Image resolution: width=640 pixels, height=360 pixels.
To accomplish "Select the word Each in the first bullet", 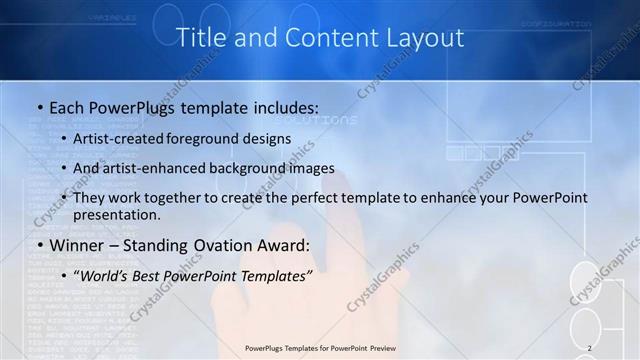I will [69, 106].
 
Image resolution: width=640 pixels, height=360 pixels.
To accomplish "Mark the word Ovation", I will [226, 245].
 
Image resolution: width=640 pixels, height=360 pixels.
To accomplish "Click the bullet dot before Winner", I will [39, 246].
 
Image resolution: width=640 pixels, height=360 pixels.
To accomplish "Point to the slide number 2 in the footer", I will [590, 348].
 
